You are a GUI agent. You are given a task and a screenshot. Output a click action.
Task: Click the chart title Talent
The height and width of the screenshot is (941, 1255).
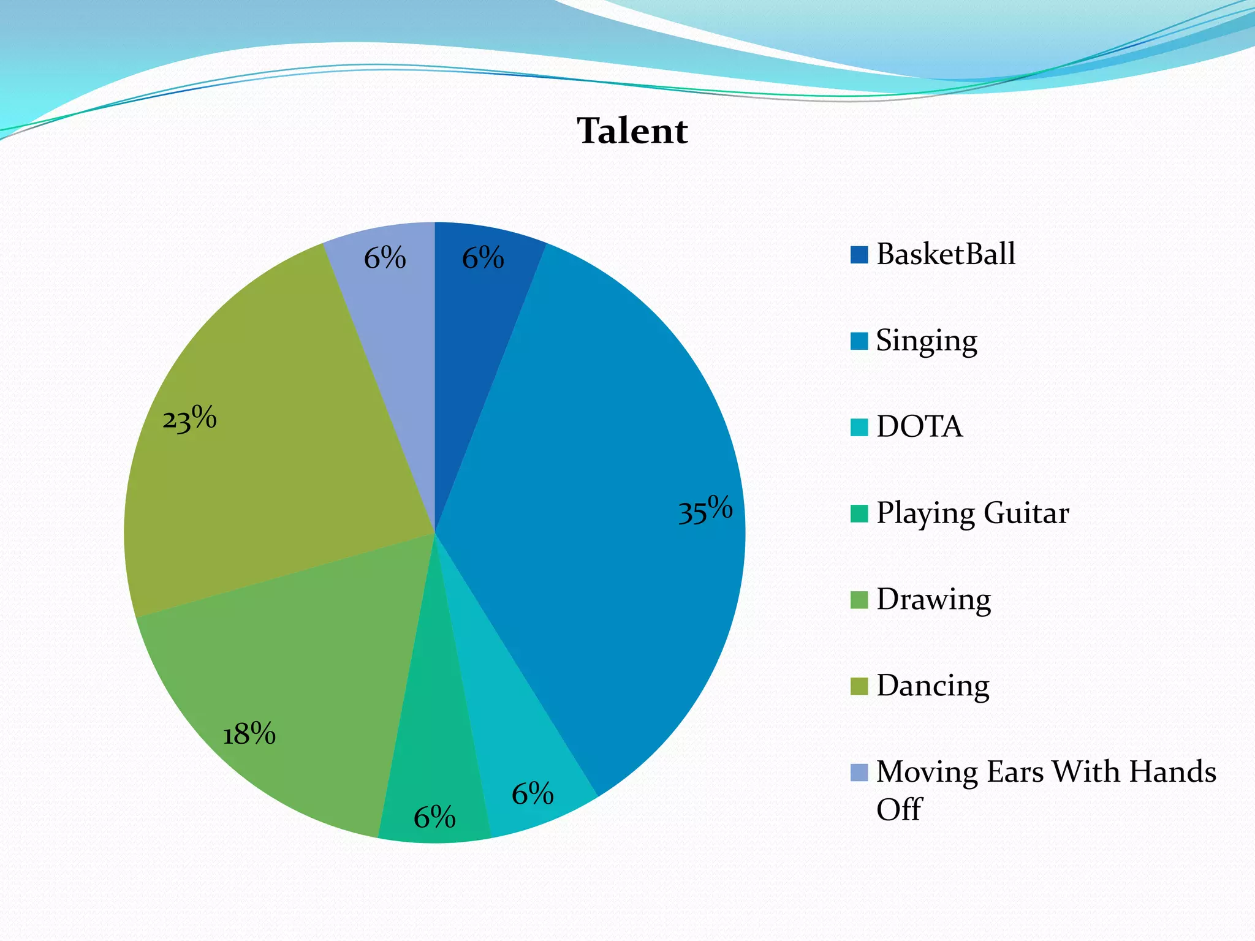point(632,131)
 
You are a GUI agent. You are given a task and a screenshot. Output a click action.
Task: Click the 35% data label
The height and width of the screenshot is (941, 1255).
point(705,510)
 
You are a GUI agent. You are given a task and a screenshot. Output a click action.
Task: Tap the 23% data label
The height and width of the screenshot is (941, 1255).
point(189,420)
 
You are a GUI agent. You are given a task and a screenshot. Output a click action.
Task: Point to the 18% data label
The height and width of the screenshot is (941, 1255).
point(249,733)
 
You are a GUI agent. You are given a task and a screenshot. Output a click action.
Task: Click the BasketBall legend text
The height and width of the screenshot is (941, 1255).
point(946,254)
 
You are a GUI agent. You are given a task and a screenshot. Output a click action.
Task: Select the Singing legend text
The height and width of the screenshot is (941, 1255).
point(926,341)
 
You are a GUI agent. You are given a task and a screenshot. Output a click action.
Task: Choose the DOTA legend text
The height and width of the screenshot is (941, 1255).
point(919,427)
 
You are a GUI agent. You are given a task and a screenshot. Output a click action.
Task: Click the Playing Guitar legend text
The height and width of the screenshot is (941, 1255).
point(972,513)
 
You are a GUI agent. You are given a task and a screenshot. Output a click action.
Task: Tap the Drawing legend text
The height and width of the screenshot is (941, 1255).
point(933,600)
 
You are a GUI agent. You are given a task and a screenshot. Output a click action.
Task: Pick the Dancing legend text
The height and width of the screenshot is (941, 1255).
point(933,686)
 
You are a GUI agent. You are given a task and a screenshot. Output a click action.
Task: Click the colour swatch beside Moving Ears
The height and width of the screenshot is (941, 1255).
point(859,773)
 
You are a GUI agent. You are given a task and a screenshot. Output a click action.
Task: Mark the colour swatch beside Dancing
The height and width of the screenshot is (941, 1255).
point(859,687)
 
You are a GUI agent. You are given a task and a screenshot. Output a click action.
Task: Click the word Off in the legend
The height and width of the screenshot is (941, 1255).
point(898,810)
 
